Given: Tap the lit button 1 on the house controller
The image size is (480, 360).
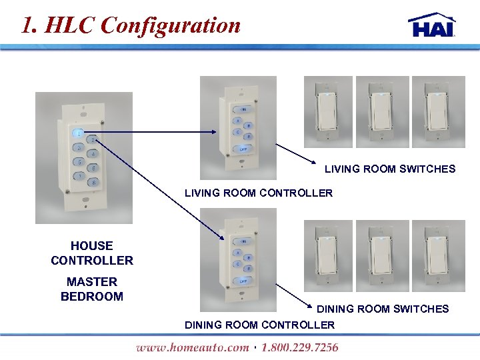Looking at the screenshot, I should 79,133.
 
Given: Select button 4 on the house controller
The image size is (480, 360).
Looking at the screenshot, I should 94,154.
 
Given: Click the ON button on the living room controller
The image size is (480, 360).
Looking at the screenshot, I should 243,109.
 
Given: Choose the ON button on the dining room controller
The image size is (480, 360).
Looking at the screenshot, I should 243,241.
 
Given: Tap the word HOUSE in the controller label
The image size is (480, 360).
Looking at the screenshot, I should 92,246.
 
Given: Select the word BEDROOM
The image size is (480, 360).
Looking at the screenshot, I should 92,297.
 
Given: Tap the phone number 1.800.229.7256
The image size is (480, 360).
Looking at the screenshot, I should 300,347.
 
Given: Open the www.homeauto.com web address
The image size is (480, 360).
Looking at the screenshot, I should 193,347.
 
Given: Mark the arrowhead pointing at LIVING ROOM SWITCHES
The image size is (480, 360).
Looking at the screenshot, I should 316,162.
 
